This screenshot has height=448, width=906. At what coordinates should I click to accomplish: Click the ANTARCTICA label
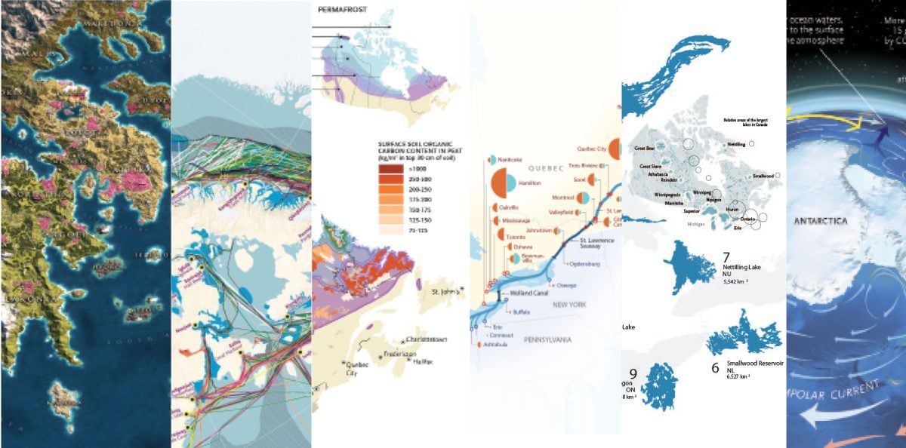pyautogui.click(x=820, y=221)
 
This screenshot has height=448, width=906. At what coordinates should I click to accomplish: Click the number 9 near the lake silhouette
pyautogui.click(x=633, y=373)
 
